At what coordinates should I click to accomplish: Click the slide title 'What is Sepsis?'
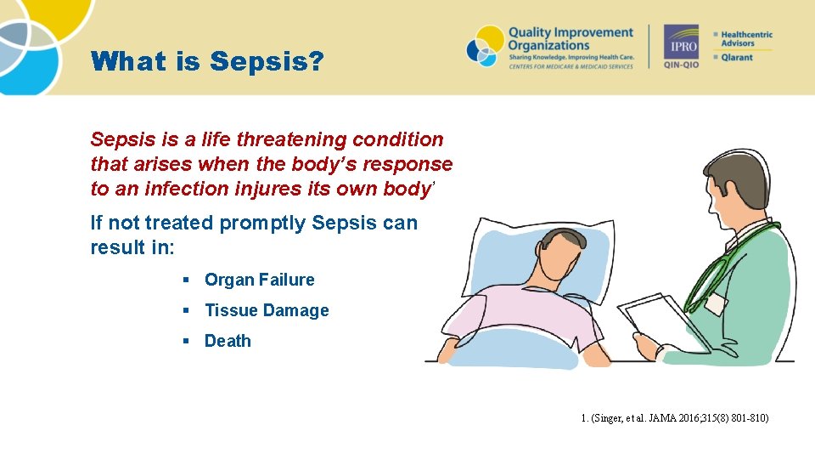click(206, 62)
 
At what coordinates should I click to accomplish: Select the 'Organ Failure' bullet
click(259, 280)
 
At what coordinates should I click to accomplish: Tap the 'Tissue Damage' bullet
click(266, 310)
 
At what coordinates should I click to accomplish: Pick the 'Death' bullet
click(228, 341)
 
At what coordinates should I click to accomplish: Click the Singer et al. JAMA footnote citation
click(675, 418)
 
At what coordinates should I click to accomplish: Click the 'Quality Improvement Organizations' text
click(570, 39)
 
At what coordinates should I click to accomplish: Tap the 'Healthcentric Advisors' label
click(746, 39)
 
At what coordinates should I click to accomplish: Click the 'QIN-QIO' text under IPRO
click(681, 65)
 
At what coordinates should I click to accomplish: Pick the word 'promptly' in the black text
click(263, 223)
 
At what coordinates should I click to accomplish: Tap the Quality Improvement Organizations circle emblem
click(484, 46)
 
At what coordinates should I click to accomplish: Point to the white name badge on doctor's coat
click(715, 304)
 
